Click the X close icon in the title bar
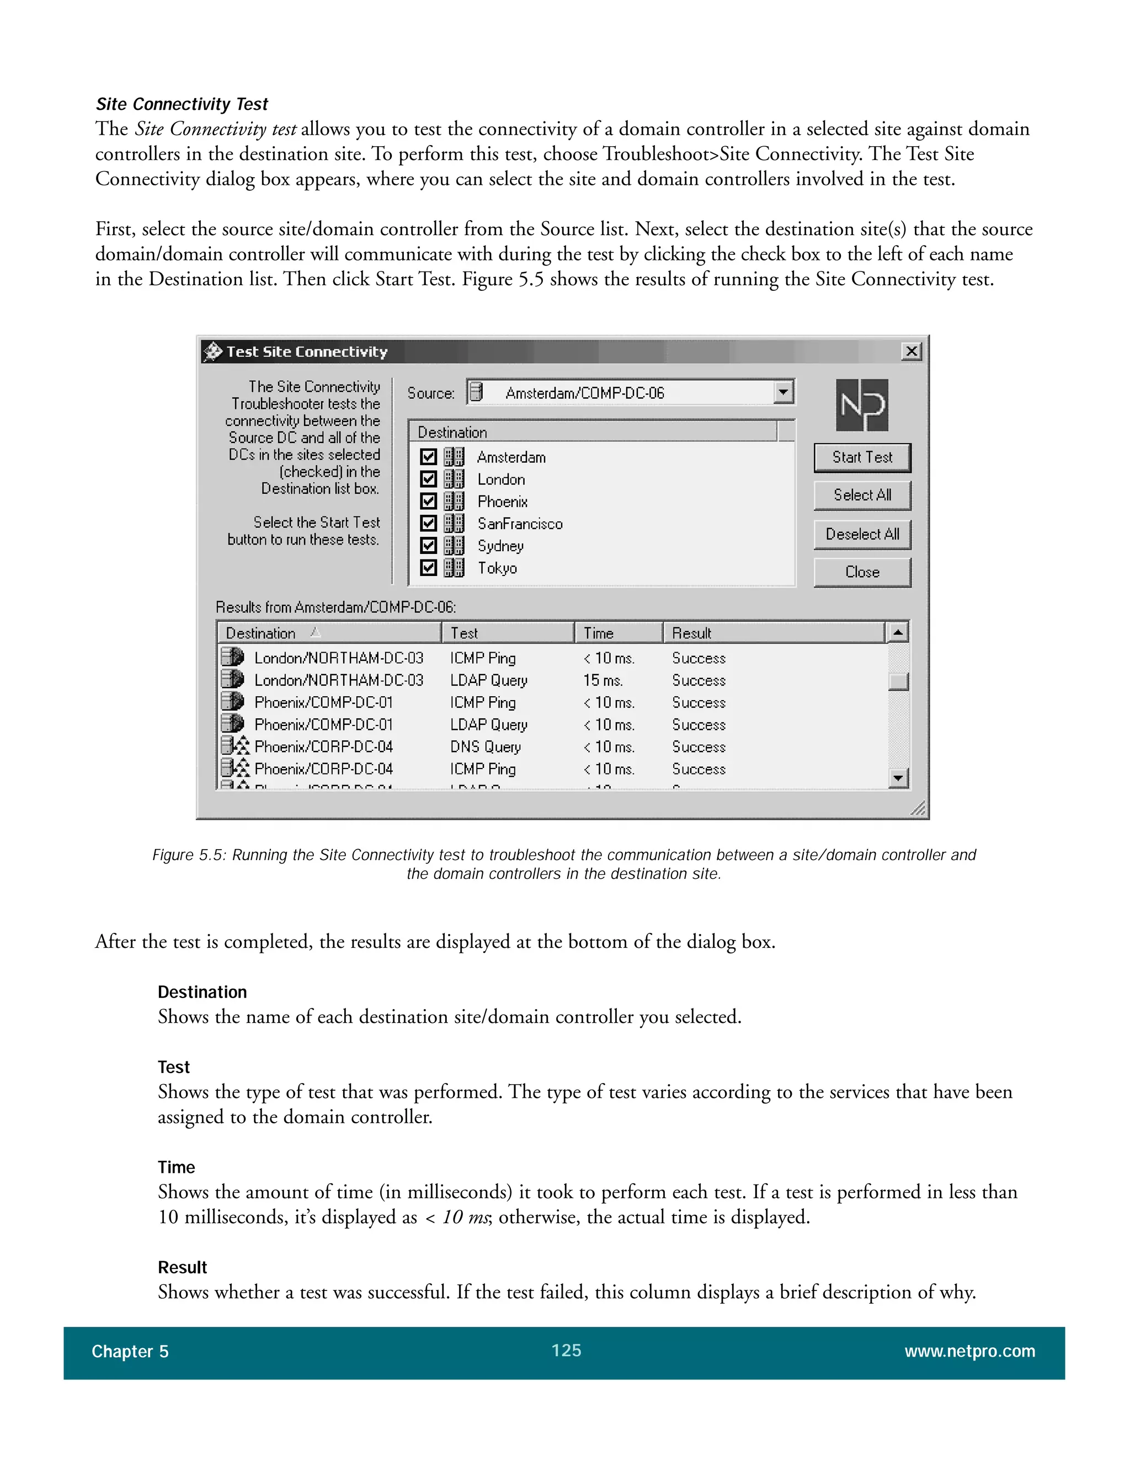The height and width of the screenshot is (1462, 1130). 911,351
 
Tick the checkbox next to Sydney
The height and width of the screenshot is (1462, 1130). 428,546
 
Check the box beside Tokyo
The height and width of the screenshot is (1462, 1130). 428,568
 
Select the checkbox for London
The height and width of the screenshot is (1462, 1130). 428,479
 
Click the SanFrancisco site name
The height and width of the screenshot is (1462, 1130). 519,524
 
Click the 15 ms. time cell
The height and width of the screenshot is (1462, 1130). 603,680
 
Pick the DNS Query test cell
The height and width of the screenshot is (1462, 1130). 484,746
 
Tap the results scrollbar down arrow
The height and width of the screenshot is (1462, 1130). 898,778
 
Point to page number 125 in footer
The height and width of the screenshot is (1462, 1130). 566,1350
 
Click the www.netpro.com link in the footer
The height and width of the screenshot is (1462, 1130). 969,1351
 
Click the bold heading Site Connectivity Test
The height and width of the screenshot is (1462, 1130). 182,104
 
